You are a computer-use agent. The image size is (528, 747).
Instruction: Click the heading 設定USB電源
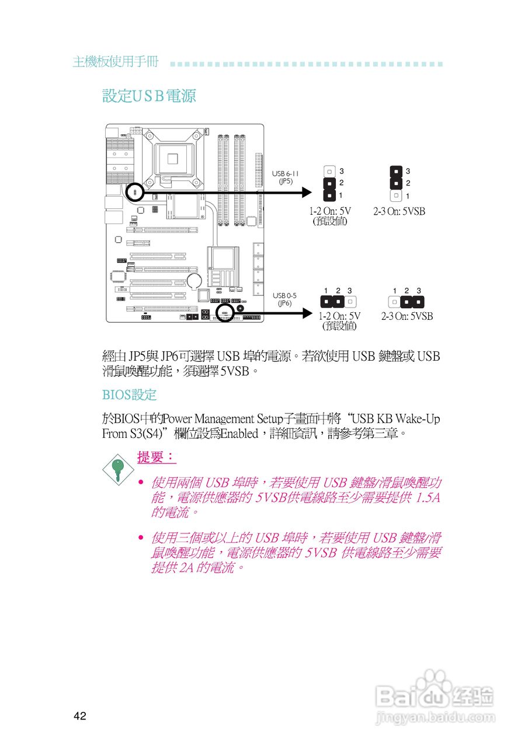tap(149, 96)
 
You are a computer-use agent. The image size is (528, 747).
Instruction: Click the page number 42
tap(80, 717)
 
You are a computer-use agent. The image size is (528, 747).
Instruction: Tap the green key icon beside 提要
tap(117, 467)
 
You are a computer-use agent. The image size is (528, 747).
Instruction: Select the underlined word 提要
tap(156, 458)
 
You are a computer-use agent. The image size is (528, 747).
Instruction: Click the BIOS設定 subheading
tap(130, 395)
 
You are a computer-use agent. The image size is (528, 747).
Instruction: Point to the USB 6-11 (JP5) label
tap(286, 177)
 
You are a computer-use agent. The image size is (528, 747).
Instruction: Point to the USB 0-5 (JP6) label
tap(284, 299)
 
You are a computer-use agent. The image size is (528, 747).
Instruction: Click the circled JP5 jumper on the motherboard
tap(135, 191)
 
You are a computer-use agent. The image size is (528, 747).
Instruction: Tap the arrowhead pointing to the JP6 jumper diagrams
tap(308, 313)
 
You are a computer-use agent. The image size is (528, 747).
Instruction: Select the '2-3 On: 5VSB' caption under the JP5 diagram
tap(400, 212)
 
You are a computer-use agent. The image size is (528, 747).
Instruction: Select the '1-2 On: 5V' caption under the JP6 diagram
tap(339, 316)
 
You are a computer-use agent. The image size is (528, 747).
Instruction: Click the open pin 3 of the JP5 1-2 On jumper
tap(329, 172)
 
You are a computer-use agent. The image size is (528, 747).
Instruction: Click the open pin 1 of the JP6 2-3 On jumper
tap(395, 302)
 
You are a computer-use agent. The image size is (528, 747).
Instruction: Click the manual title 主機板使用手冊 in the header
tap(115, 62)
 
